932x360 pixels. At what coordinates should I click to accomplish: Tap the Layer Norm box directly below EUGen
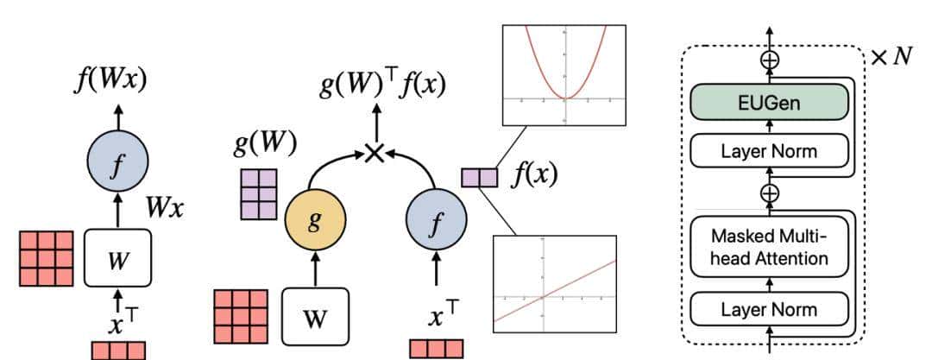point(769,153)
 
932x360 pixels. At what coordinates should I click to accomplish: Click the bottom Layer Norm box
point(769,307)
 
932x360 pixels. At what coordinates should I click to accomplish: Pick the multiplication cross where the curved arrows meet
point(374,153)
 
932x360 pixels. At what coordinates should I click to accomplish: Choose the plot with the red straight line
point(555,283)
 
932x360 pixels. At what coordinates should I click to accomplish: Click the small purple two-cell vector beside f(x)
point(480,178)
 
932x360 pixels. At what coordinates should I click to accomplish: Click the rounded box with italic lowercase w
point(117,258)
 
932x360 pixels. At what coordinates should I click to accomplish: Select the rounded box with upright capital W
point(315,315)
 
